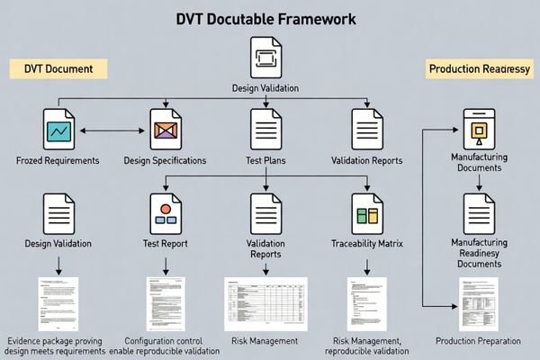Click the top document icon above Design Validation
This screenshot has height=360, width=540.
click(x=266, y=58)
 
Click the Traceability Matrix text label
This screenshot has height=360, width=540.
click(x=367, y=244)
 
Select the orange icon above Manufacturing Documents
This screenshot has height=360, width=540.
click(x=477, y=129)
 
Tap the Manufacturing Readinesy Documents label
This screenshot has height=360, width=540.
click(x=478, y=254)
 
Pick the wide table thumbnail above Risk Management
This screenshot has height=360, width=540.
click(x=265, y=302)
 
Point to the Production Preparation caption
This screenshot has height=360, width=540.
click(x=478, y=342)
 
